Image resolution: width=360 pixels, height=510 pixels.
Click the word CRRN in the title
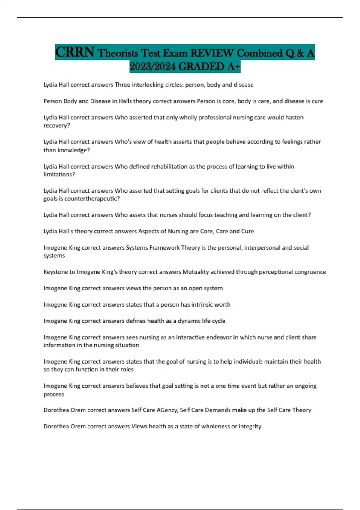(75, 52)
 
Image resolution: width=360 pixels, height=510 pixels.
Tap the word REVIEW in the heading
(212, 53)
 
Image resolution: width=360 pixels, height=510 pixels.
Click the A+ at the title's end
(234, 67)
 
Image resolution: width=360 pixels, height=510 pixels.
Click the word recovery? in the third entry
(57, 125)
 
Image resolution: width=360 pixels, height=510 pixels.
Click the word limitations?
(59, 174)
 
